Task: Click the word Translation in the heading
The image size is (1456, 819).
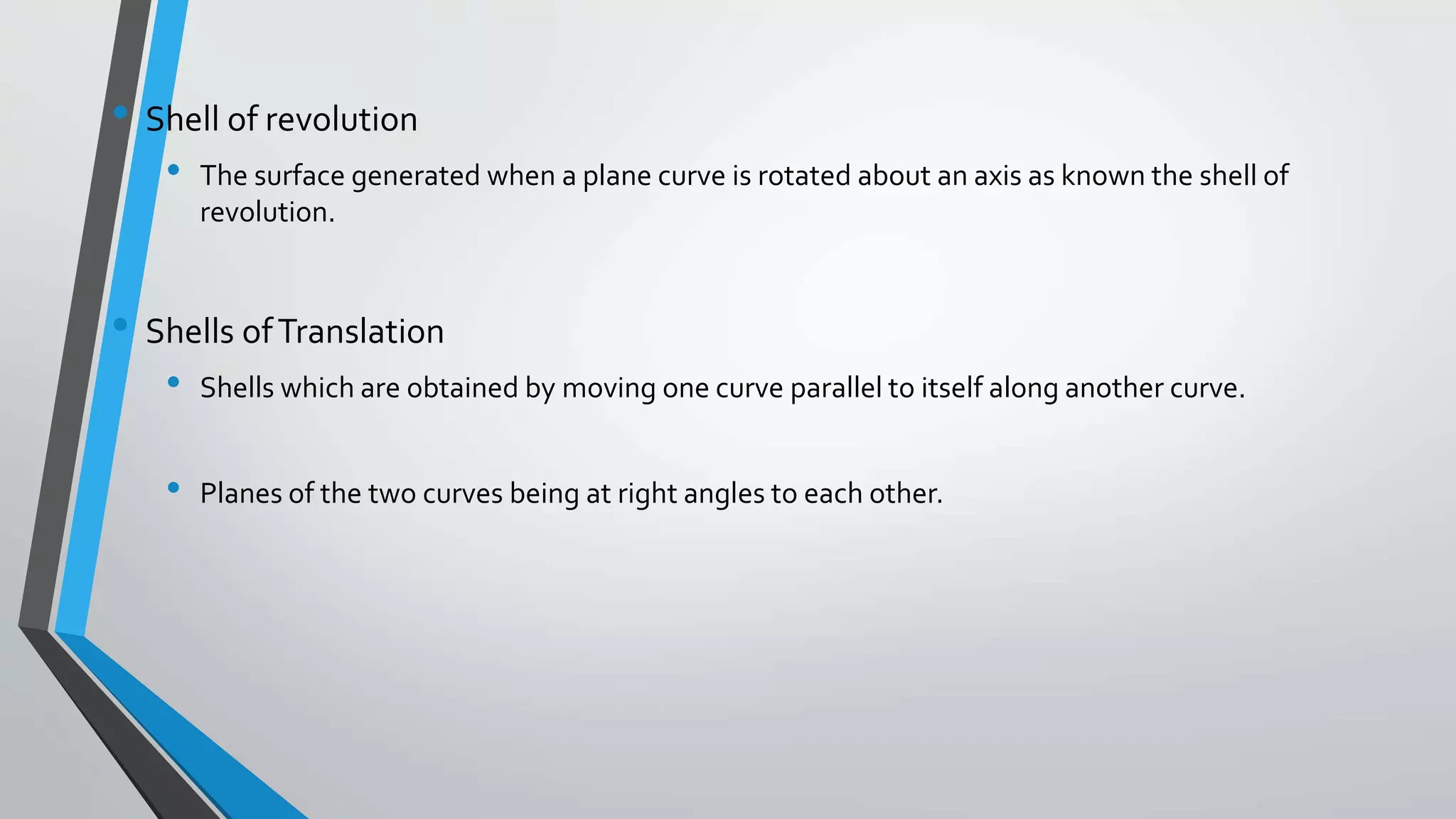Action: [360, 332]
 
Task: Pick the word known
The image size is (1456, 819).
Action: [1103, 176]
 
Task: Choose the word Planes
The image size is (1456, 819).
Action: [240, 493]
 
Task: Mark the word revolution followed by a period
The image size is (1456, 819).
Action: [267, 213]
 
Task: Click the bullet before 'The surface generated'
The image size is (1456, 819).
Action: [173, 170]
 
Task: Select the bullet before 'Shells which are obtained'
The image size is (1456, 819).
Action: [173, 382]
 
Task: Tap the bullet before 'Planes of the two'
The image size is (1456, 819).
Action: [173, 488]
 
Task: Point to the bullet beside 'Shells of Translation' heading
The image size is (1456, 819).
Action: [120, 325]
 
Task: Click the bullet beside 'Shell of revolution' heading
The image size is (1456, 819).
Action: [120, 112]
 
